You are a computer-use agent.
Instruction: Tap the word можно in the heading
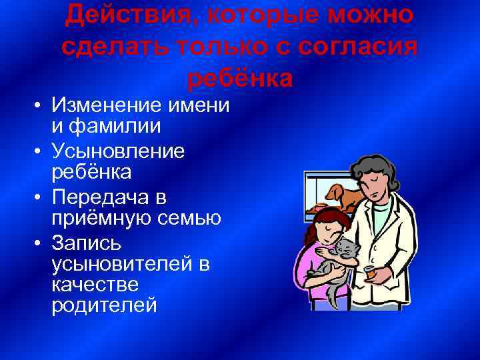[x=371, y=13]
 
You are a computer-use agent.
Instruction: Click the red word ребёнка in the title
[x=240, y=77]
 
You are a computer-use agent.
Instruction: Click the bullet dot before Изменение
[x=40, y=107]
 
